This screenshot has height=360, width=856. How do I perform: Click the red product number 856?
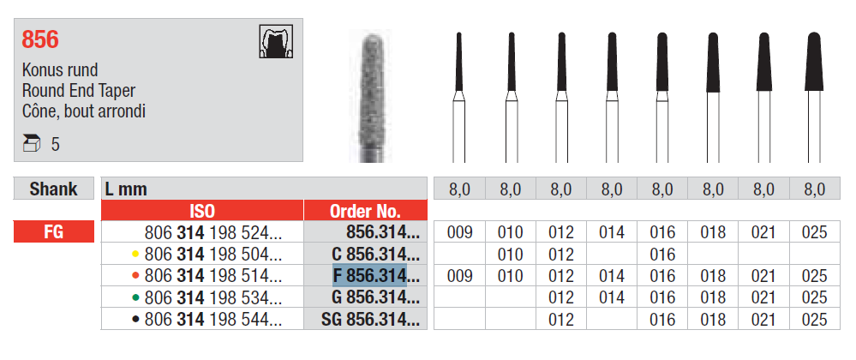pyautogui.click(x=40, y=40)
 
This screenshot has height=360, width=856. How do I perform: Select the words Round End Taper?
pyautogui.click(x=79, y=91)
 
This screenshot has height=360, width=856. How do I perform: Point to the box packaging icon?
pyautogui.click(x=32, y=144)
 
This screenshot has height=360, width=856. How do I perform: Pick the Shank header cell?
pyautogui.click(x=53, y=189)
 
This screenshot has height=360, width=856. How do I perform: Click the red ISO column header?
pyautogui.click(x=202, y=211)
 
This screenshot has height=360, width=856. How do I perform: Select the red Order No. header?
pyautogui.click(x=365, y=211)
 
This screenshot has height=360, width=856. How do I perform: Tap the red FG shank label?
pyautogui.click(x=53, y=231)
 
